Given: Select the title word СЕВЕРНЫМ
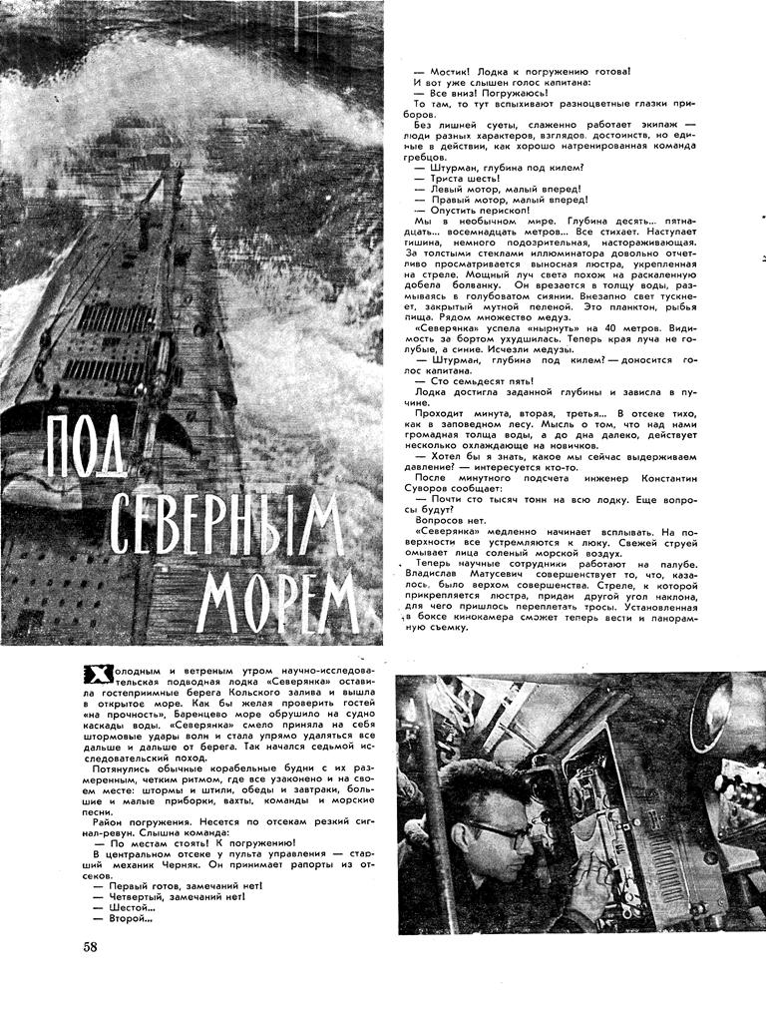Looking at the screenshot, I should (x=227, y=526).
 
